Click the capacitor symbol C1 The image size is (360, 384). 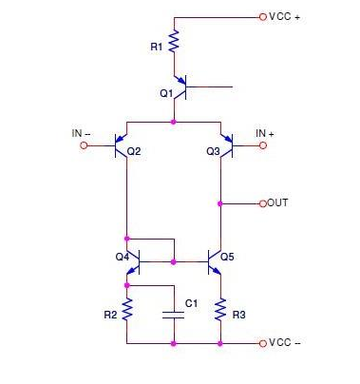click(174, 313)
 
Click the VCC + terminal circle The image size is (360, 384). click(261, 17)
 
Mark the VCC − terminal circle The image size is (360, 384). click(261, 342)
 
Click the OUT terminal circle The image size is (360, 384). click(261, 203)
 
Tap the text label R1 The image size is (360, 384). click(157, 45)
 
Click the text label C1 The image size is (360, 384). click(191, 303)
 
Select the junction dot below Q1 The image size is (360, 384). click(174, 122)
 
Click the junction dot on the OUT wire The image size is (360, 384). click(220, 203)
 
